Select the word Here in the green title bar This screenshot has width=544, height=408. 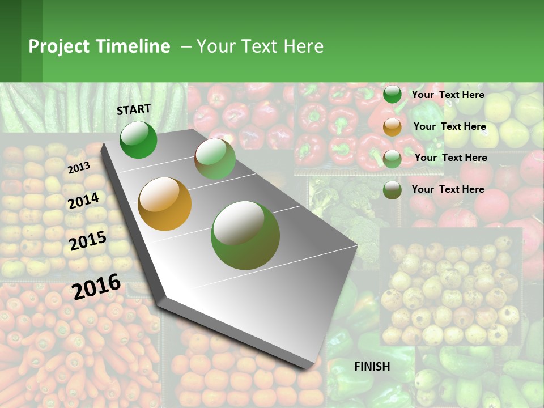point(303,46)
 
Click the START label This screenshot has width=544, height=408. point(134,109)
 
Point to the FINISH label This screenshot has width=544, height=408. point(372,367)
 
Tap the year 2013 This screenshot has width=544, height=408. point(79,167)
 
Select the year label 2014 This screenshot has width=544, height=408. point(83,201)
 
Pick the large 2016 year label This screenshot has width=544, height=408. point(96,286)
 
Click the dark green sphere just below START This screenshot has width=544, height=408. point(138,139)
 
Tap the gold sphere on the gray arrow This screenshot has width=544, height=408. point(165,204)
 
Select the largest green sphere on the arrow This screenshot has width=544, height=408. point(245,235)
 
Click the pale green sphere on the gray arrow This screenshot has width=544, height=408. point(215,159)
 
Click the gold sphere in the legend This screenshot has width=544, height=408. point(392,127)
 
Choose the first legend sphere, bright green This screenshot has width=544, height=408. point(392,95)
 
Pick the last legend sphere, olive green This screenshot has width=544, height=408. point(392,190)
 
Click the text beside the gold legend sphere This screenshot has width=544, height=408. point(450,126)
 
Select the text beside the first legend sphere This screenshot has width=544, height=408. point(448,95)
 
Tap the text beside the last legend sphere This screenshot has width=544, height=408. point(448,189)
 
